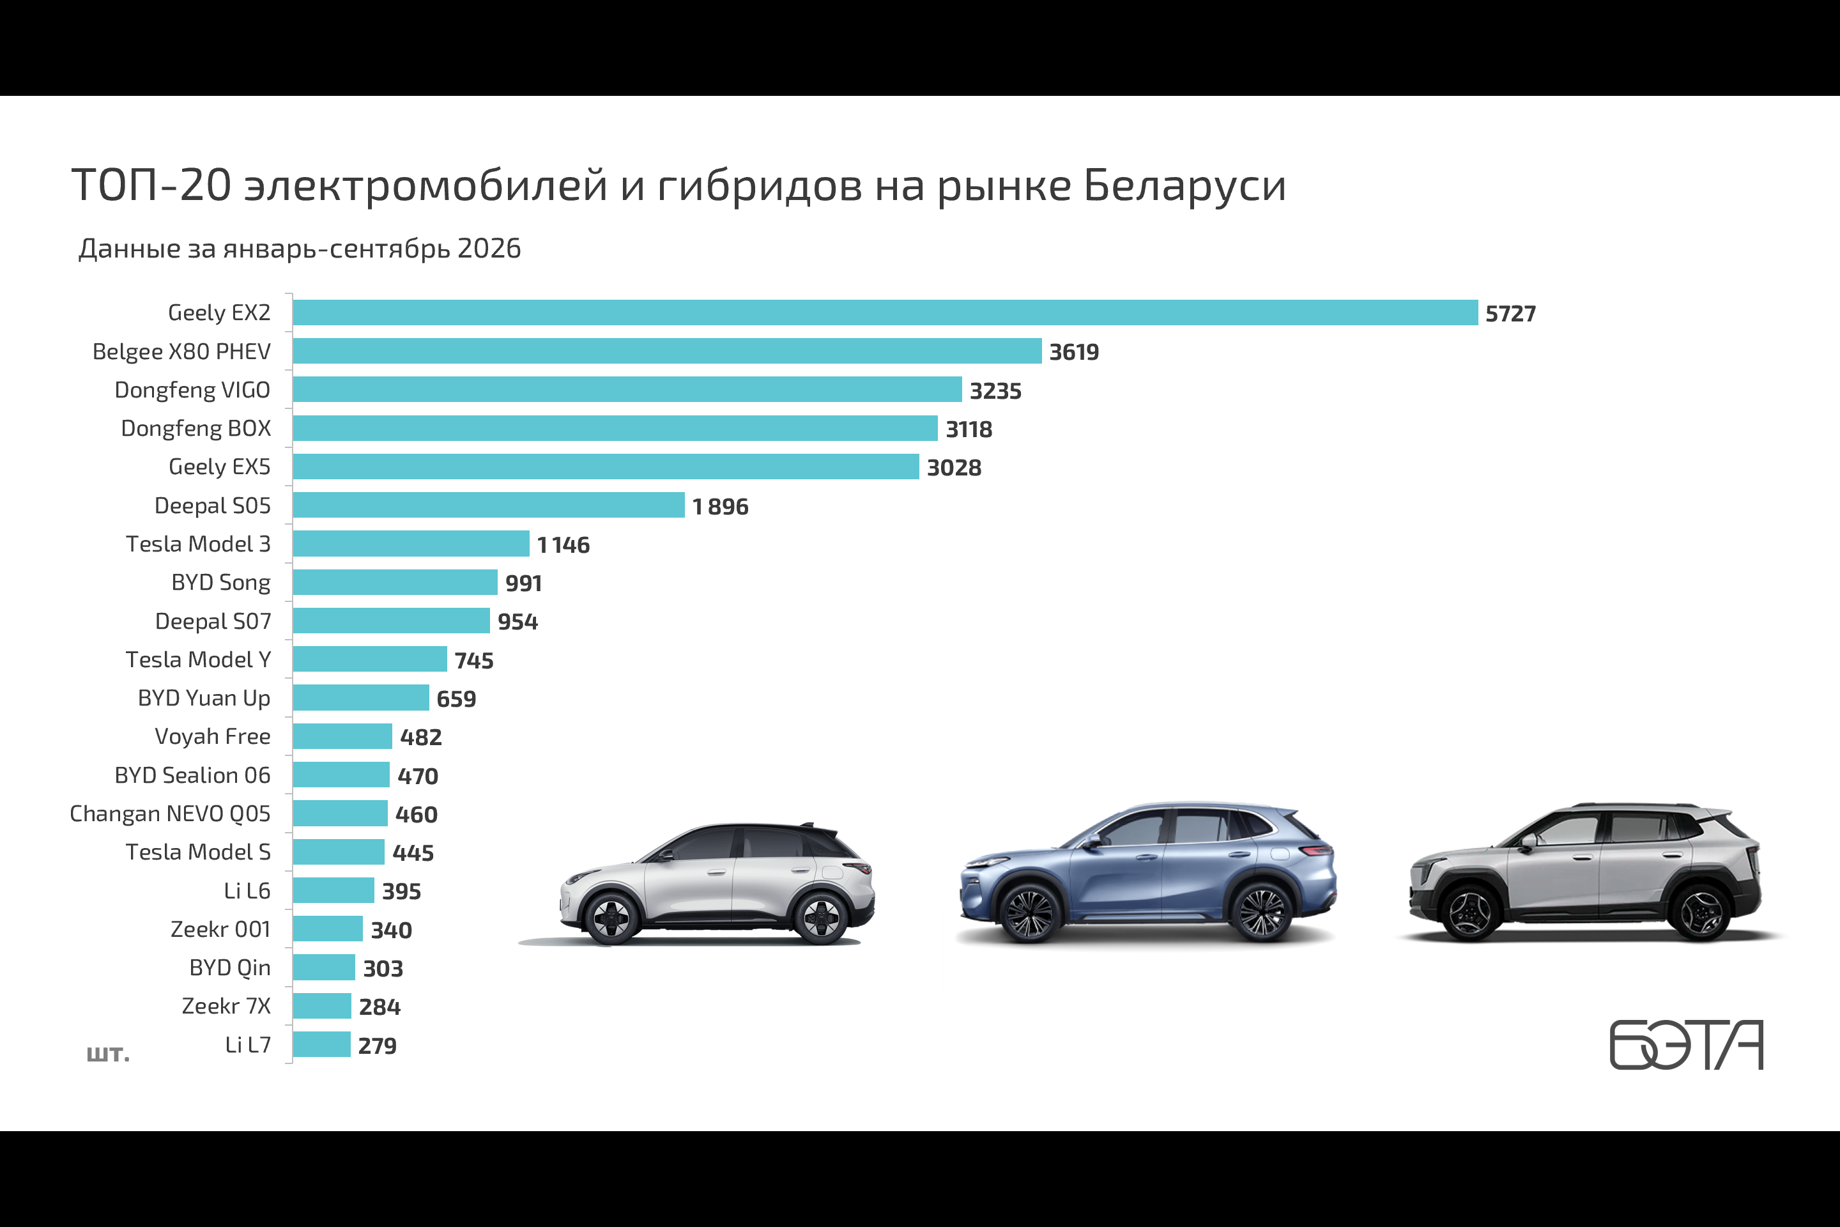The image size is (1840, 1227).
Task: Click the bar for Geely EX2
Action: coord(885,313)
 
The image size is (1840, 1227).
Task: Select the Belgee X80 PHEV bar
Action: coord(667,351)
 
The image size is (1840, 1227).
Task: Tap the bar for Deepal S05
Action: coord(489,505)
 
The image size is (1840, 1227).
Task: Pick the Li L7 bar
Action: coord(321,1044)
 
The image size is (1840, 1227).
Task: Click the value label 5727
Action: coord(1510,314)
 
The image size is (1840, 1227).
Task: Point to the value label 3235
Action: coord(995,390)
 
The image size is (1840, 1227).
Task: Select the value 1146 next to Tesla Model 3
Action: coord(563,544)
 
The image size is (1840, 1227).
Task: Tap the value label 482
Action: coord(421,737)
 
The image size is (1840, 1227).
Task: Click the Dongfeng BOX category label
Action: coord(195,428)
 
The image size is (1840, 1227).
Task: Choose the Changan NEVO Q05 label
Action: coord(170,814)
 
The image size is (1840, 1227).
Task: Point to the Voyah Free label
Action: coord(213,736)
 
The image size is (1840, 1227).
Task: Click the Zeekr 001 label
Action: coord(220,929)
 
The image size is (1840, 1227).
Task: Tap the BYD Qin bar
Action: coord(324,967)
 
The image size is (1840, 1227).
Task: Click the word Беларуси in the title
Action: coord(1184,186)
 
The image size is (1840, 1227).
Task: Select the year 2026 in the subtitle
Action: coord(489,248)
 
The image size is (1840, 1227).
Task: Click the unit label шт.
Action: coord(108,1053)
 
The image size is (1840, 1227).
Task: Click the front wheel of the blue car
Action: coord(1029,913)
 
